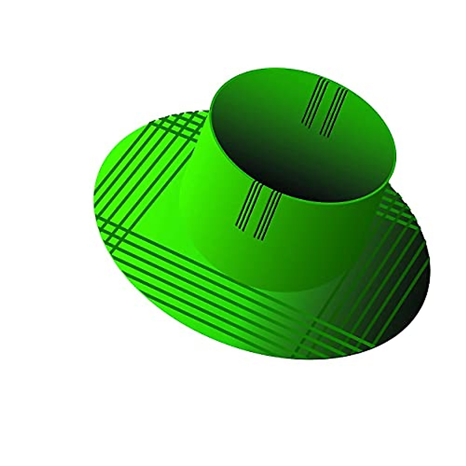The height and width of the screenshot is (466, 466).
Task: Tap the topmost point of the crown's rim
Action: (280, 69)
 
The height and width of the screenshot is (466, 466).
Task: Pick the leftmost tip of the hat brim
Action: (94, 194)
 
